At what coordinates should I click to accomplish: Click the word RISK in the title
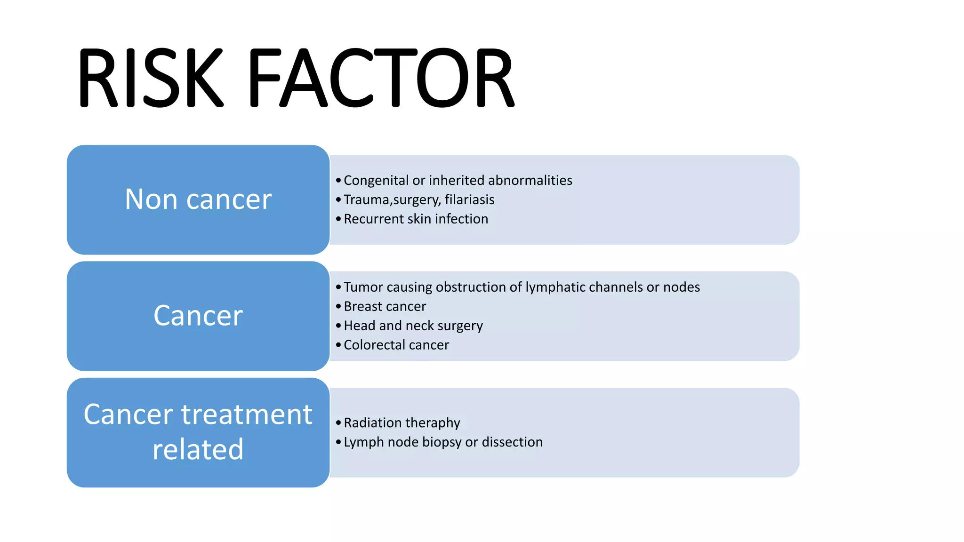tap(150, 78)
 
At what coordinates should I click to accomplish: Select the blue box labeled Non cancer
tap(198, 199)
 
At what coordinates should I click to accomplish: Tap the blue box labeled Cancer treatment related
tap(198, 432)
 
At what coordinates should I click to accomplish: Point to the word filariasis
tap(469, 200)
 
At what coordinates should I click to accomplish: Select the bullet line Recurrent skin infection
tap(416, 219)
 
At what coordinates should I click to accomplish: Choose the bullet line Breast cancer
tap(385, 307)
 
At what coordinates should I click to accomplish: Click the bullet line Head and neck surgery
tap(413, 326)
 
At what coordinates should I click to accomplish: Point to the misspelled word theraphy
tap(433, 423)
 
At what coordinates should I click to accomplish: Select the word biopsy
tap(442, 442)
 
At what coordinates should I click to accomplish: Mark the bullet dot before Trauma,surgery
tap(338, 200)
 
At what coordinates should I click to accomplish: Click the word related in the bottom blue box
tap(198, 450)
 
